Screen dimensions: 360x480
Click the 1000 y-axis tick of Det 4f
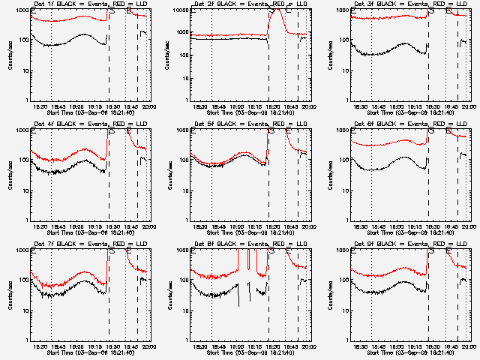23,130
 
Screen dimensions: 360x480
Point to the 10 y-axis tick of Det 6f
346,190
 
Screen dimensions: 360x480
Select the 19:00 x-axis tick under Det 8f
237,346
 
